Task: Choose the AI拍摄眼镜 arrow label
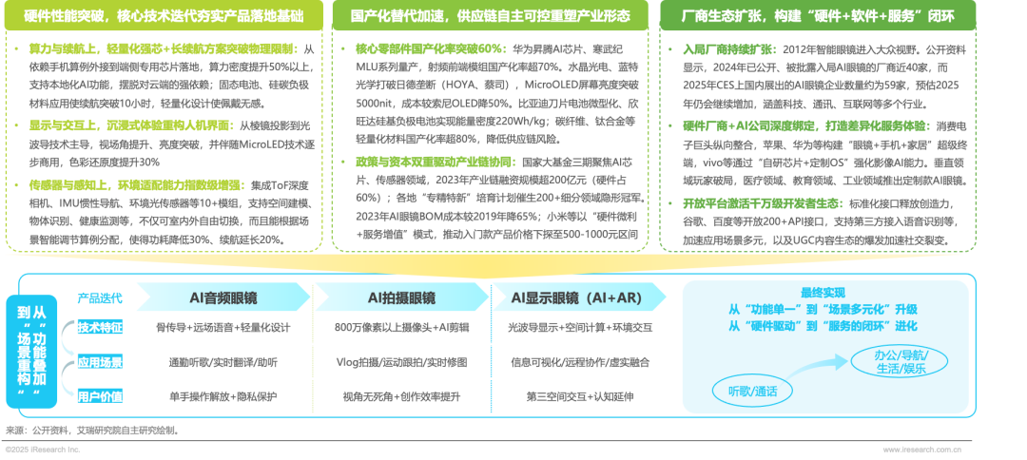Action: point(401,297)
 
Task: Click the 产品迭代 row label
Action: point(96,297)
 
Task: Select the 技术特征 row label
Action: point(101,328)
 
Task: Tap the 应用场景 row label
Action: point(101,362)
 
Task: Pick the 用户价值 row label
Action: point(101,396)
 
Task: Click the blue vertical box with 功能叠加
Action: point(39,348)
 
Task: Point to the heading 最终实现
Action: point(823,293)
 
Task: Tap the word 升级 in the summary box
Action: point(905,309)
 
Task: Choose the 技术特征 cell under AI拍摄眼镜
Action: point(401,328)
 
